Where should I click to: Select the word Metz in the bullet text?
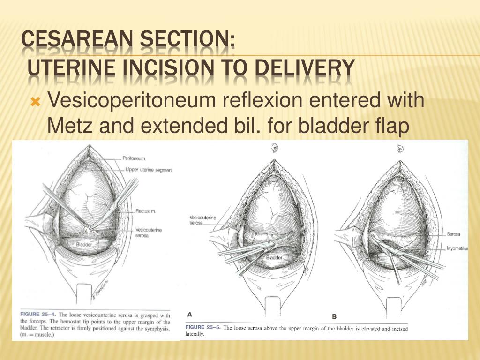(x=69, y=126)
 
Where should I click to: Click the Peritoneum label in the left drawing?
(x=134, y=158)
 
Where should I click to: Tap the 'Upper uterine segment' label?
(x=149, y=170)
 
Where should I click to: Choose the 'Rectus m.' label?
(x=146, y=211)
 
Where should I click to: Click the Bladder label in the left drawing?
(x=84, y=244)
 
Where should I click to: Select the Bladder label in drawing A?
(x=274, y=257)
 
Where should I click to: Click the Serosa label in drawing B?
(x=453, y=234)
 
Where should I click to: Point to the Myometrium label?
(x=457, y=248)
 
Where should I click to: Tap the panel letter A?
(x=189, y=315)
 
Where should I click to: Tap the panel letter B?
(x=334, y=316)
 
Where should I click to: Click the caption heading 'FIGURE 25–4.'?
(x=38, y=315)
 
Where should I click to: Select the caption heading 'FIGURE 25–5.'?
(x=203, y=327)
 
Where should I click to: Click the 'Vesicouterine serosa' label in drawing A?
(x=202, y=220)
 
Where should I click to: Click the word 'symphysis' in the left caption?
(x=157, y=329)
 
